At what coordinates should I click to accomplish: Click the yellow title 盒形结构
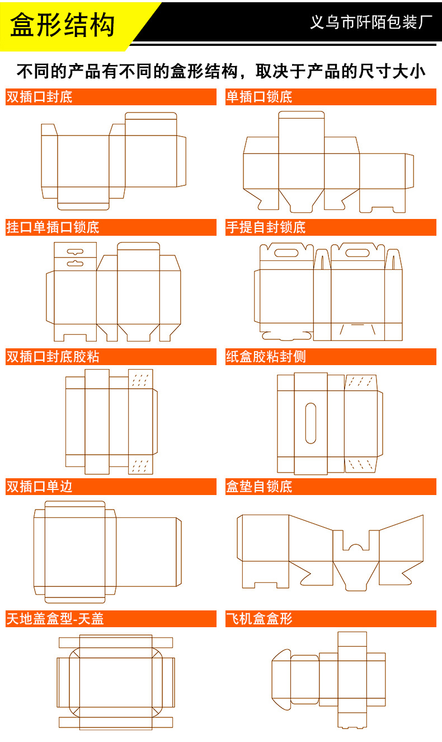pos(63,25)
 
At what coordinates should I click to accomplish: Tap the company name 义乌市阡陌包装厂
pos(372,23)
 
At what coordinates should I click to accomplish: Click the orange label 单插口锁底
pos(259,97)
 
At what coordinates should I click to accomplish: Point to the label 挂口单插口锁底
pos(53,227)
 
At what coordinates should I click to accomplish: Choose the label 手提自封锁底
pos(266,227)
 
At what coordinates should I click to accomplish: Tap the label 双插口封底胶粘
pos(53,357)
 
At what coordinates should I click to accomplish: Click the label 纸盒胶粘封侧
pos(266,357)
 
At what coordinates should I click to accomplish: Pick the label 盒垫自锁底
pos(259,487)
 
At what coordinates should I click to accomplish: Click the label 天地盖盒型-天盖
pos(55,619)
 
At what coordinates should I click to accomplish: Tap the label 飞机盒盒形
pos(259,619)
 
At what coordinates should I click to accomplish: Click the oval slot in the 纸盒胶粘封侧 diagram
pos(311,423)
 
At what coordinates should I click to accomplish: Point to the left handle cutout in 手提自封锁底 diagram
pos(286,253)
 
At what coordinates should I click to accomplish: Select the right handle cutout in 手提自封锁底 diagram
pos(358,253)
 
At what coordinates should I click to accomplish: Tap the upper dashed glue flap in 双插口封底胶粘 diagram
pos(140,379)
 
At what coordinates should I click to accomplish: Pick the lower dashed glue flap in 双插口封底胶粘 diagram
pos(140,465)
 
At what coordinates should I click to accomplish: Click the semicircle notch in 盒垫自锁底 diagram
pos(355,547)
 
